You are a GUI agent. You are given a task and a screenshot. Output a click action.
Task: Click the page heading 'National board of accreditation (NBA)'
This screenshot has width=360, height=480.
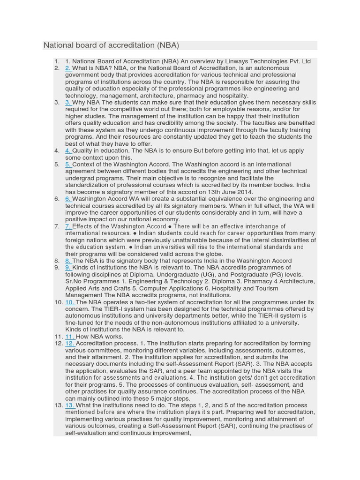coord(112,45)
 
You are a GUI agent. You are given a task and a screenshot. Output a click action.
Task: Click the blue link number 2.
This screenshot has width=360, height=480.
coord(68,68)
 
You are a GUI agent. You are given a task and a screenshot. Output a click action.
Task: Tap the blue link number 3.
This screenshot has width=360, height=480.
coord(68,102)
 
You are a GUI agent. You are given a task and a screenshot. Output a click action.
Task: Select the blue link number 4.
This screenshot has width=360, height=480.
coord(68,150)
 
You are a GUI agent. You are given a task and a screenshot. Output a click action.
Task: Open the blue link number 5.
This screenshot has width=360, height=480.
coord(68,165)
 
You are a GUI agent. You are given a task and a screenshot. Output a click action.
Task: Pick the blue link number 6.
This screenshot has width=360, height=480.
coord(68,199)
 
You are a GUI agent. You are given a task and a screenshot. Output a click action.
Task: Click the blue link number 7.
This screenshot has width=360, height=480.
coord(68,226)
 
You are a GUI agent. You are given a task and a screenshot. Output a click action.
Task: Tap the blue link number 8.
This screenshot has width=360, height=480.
coord(68,261)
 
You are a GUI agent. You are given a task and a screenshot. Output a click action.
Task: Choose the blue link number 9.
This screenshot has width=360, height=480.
coord(68,268)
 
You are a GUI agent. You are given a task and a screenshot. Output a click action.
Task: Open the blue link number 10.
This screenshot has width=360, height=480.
coord(70,302)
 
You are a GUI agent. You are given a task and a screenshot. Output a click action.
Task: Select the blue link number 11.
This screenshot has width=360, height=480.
coord(70,337)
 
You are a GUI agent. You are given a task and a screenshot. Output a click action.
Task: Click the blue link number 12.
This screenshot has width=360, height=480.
coord(70,344)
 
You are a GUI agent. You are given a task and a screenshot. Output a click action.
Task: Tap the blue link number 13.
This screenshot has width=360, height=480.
coord(70,405)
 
